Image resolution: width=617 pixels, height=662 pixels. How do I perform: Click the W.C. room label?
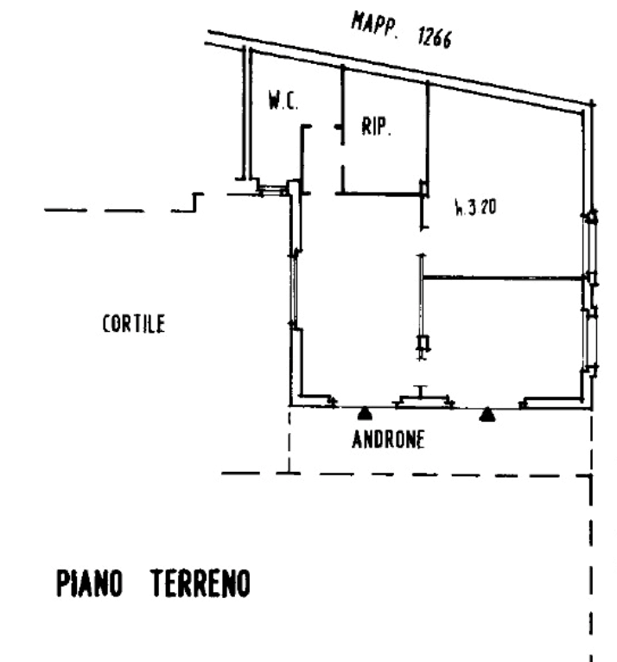tap(283, 100)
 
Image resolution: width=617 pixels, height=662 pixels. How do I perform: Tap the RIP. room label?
tap(376, 126)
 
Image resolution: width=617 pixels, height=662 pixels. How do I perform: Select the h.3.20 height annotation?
tap(475, 207)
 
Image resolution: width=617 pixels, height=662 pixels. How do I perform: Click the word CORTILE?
tap(134, 324)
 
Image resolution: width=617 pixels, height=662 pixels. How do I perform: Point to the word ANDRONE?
tap(388, 440)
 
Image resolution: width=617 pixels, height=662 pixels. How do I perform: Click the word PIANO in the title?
tap(90, 583)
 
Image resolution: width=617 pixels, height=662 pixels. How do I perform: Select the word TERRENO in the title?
tap(200, 583)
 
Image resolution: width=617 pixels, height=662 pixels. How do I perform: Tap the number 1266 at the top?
tap(435, 37)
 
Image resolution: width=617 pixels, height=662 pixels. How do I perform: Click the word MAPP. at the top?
tap(374, 26)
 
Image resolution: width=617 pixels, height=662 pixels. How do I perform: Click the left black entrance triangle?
tap(365, 414)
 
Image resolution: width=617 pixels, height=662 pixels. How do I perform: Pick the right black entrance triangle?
tap(487, 415)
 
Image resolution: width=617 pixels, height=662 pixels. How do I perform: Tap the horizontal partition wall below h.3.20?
tap(503, 277)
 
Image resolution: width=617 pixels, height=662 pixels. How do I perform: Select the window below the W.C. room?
tap(272, 190)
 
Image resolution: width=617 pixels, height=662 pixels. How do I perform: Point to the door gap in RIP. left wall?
tap(342, 155)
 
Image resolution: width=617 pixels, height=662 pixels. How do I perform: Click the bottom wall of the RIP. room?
tap(380, 194)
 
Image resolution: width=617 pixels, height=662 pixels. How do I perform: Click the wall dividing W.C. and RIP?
tap(343, 105)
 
